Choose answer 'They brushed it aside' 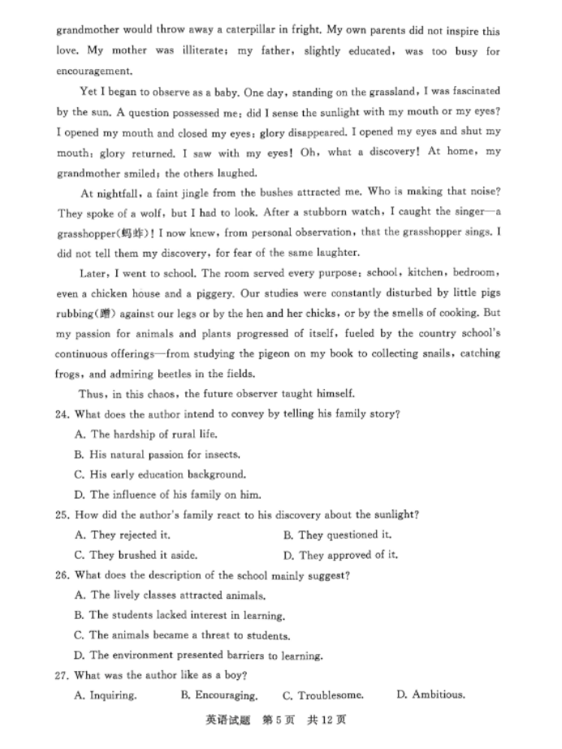[135, 556]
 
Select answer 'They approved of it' [340, 556]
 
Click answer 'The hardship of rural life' [142, 435]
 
